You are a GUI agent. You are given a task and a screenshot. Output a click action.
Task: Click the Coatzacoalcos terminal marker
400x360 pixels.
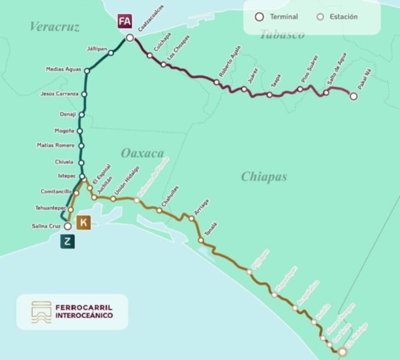(129, 38)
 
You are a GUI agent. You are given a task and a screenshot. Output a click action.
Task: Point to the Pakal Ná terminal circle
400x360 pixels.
(354, 96)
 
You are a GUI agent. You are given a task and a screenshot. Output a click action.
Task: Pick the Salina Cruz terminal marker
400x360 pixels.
(67, 226)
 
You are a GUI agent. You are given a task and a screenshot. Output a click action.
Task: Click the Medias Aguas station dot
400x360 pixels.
(87, 71)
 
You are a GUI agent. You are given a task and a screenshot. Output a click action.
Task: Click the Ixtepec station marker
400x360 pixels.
(82, 176)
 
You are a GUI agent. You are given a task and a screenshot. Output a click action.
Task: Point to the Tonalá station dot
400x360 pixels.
(201, 240)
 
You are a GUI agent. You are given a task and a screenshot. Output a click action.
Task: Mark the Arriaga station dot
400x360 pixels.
(191, 218)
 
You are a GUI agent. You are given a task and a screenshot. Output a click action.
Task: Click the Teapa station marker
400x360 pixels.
(269, 94)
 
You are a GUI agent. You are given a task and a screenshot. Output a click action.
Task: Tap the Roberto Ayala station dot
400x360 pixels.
(217, 82)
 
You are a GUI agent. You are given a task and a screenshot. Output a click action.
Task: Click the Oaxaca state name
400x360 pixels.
(142, 153)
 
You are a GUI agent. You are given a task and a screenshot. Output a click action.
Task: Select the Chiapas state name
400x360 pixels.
(264, 177)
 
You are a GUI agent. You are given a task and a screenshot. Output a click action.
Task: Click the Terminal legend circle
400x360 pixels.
(260, 17)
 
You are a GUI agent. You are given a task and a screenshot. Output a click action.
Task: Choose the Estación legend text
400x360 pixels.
(344, 17)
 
